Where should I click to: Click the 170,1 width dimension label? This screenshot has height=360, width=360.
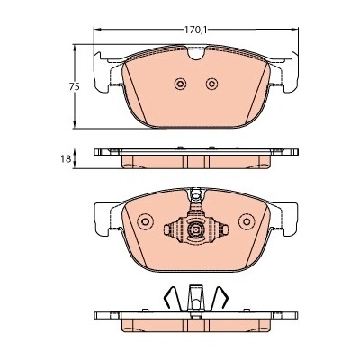196,30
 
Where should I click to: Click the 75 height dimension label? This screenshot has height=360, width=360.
75,87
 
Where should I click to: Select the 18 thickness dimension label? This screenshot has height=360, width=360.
67,158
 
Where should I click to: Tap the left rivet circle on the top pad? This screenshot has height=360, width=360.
180,84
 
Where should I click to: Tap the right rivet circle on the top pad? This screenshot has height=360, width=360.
211,84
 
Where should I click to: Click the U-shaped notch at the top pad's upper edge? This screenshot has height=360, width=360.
196,52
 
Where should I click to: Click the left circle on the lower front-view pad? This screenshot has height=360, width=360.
145,221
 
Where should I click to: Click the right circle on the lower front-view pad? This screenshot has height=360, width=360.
247,221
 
